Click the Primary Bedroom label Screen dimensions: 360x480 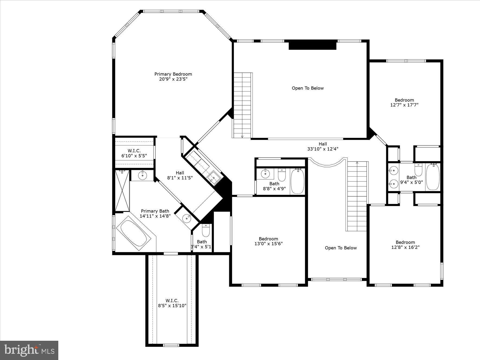coord(173,74)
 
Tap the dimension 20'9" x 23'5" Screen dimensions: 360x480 coord(173,79)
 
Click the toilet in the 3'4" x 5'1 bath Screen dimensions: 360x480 coord(206,230)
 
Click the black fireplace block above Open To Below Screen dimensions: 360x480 coord(312,45)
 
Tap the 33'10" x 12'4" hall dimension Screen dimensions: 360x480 coord(323,149)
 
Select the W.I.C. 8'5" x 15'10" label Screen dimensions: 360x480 coord(172,303)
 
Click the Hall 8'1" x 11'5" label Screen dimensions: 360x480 coord(180,175)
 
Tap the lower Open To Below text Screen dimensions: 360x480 coord(341,248)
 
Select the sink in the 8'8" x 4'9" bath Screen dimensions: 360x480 coord(265,173)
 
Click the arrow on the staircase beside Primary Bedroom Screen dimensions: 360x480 coord(242,136)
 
